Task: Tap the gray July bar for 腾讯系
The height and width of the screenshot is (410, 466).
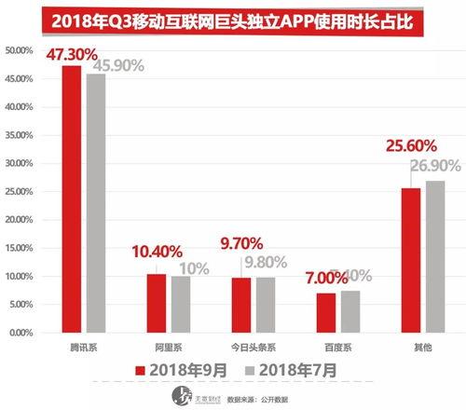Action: (95, 201)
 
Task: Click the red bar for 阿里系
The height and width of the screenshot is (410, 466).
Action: (156, 302)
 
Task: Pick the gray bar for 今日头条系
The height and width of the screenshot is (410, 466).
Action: (266, 304)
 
